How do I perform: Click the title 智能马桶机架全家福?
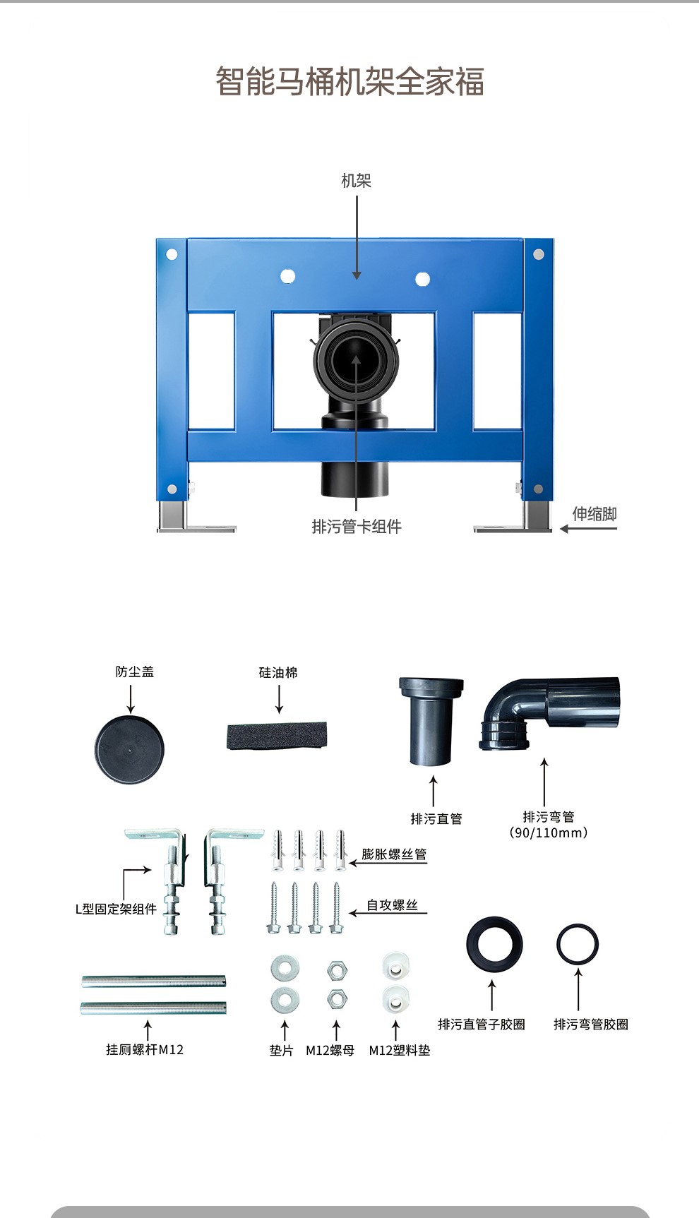pos(349,82)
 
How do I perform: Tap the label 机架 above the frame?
pos(356,181)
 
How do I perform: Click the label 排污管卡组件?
pos(357,527)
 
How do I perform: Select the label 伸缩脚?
pos(594,513)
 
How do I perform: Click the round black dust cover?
pos(129,749)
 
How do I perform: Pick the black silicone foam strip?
pos(277,736)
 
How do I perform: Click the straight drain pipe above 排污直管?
pos(431,720)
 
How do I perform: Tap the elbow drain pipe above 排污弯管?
pos(550,712)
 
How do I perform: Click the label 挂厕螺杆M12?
pos(145,1050)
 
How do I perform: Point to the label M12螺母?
pos(330,1051)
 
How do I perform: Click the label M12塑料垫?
pos(400,1051)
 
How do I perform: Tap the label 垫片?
pos(281,1051)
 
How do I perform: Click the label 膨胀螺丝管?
pos(394,854)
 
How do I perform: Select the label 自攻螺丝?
pos(392,905)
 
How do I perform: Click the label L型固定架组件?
pos(116,909)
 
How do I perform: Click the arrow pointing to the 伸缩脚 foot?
pos(588,528)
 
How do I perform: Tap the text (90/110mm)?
pos(549,833)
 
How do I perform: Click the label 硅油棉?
pos(278,673)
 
